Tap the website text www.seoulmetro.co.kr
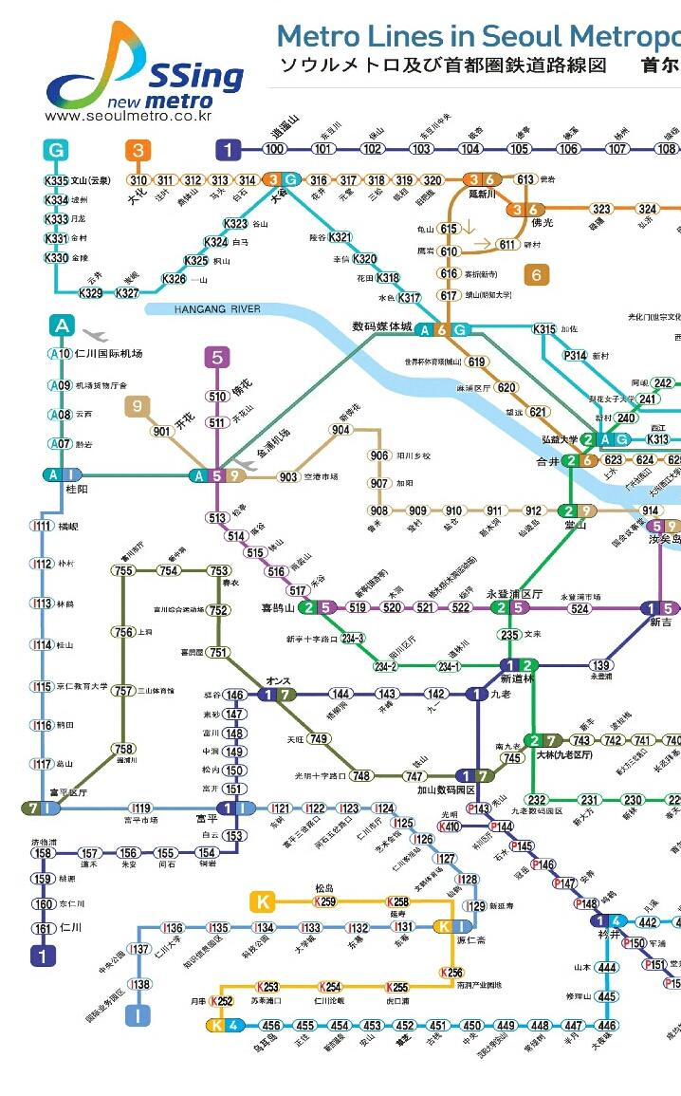pos(128,116)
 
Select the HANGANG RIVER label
pos(217,309)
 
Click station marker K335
pos(57,181)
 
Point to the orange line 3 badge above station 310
pos(138,150)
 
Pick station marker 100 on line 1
pos(275,149)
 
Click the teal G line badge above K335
pos(56,150)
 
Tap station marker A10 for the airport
pos(60,354)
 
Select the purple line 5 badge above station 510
pos(217,358)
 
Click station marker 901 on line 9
pos(161,432)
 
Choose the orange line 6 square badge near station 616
pos(537,275)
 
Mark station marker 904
pos(340,430)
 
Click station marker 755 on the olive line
pos(122,570)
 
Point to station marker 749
pos(319,738)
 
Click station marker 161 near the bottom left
pos(43,929)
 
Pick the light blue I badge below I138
pos(138,1016)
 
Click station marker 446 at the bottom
pos(607,1026)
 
